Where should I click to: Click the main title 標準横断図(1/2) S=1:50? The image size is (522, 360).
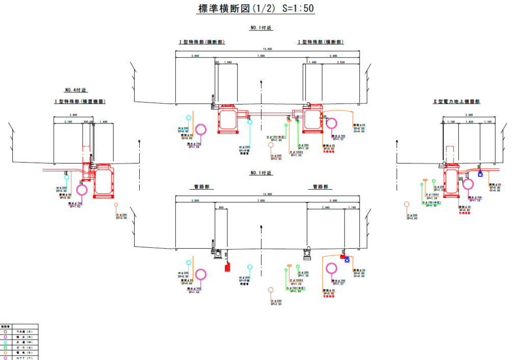pyautogui.click(x=255, y=9)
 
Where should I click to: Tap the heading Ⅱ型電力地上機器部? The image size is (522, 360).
pyautogui.click(x=456, y=101)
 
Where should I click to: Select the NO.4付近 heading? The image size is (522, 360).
pyautogui.click(x=75, y=90)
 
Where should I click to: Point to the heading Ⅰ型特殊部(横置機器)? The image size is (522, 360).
pyautogui.click(x=80, y=102)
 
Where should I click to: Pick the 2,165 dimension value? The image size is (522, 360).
pyautogui.click(x=68, y=122)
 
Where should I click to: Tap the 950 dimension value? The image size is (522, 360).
pyautogui.click(x=221, y=208)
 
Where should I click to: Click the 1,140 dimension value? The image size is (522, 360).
pyautogui.click(x=352, y=208)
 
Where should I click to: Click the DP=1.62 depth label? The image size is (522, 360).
pyautogui.click(x=75, y=206)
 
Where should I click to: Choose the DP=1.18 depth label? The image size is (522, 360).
pyautogui.click(x=475, y=200)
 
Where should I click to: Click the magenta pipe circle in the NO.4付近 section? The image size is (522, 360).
pyautogui.click(x=82, y=190)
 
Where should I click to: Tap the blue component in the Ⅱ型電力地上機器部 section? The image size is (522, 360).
pyautogui.click(x=480, y=174)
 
